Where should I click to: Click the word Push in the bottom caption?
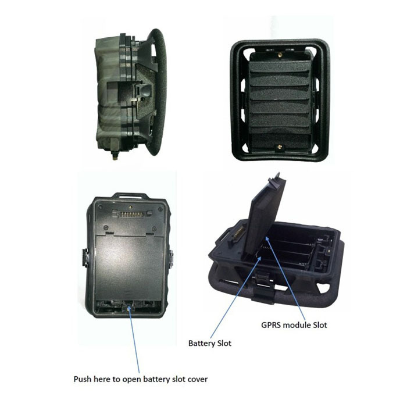pos(83,379)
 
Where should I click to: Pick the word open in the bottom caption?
pos(131,380)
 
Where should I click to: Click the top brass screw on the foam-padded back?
pos(280,55)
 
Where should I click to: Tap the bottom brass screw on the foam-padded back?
pos(280,147)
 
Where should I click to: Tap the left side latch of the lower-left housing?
pos(85,257)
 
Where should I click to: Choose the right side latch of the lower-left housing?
pos(171,258)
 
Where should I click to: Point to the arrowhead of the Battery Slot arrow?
pos(260,258)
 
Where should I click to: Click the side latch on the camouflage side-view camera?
pos(139,92)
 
